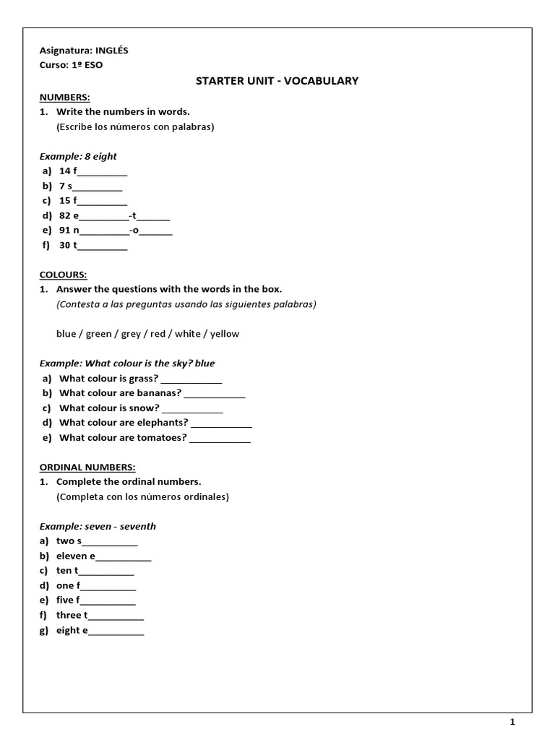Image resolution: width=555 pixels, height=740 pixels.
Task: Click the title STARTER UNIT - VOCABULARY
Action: point(277,81)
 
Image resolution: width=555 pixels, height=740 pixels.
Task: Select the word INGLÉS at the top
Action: point(112,50)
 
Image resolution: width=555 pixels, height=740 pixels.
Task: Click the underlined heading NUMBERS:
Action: point(64,97)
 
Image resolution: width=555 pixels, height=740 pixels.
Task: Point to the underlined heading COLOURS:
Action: point(63,275)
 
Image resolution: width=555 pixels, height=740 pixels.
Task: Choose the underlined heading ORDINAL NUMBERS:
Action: point(87,467)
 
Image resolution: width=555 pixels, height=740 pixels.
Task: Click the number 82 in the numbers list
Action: point(65,215)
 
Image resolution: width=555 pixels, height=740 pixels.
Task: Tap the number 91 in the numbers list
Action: point(65,231)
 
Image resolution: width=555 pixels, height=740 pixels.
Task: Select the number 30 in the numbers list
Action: point(65,245)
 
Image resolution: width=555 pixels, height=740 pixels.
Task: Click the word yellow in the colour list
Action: point(225,334)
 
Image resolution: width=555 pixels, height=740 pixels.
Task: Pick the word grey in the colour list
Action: point(132,334)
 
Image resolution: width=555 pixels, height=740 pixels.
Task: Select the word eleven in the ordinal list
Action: point(72,556)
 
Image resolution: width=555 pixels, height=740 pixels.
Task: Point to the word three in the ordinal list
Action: point(69,615)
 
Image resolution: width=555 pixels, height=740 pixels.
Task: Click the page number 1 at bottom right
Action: point(512,721)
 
